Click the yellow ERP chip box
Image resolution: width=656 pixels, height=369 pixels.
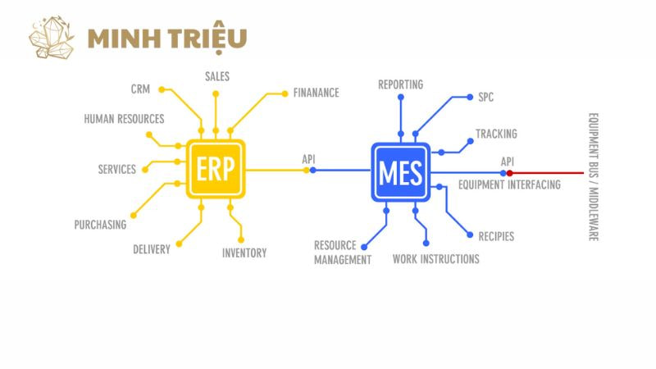click(216, 169)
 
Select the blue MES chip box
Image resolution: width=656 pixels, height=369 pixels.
click(400, 172)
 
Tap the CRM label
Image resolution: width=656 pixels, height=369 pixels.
click(140, 89)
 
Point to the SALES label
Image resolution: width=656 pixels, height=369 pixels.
click(217, 76)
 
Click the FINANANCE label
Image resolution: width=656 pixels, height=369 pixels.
click(316, 93)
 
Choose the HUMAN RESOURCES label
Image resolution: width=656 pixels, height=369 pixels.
click(124, 119)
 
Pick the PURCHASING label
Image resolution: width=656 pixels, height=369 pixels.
click(100, 225)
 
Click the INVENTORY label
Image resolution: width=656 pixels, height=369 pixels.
click(244, 253)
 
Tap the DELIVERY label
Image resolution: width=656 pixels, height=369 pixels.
click(152, 249)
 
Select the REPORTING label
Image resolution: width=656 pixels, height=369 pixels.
click(400, 84)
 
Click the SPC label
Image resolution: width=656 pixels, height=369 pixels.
click(485, 97)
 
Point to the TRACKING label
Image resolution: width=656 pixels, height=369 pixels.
click(496, 134)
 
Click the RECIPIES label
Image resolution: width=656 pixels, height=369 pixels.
click(496, 236)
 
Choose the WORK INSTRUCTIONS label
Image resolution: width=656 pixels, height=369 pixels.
click(436, 259)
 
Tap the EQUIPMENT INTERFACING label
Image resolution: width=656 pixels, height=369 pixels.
click(509, 184)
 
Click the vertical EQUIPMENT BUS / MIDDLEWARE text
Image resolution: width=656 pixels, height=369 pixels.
click(593, 177)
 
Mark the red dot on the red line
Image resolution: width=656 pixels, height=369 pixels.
click(509, 173)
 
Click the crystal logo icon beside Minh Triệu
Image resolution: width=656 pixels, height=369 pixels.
click(52, 37)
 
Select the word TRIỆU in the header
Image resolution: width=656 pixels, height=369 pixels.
click(207, 38)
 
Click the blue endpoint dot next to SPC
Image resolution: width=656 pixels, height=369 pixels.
click(470, 97)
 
